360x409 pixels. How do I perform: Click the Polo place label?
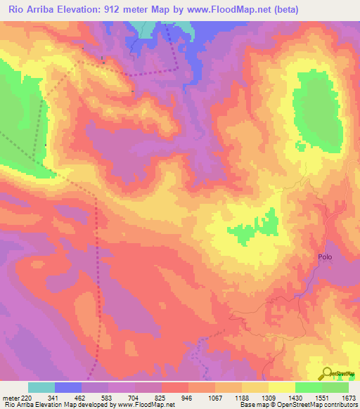click(x=324, y=257)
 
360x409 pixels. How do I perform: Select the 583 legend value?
click(x=108, y=398)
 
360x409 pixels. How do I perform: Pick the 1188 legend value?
click(x=242, y=398)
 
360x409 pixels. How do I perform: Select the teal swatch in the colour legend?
click(x=41, y=387)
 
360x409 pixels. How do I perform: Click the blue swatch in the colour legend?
click(x=68, y=387)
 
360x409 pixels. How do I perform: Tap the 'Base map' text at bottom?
click(x=253, y=405)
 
